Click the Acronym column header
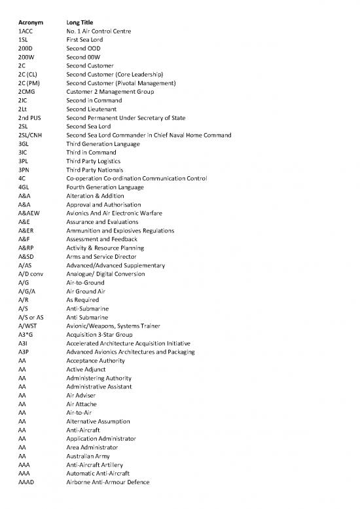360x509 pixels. click(x=31, y=22)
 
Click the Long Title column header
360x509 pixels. click(x=83, y=22)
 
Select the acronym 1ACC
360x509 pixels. click(x=27, y=31)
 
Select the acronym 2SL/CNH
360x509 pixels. click(x=32, y=135)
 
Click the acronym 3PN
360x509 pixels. click(x=25, y=170)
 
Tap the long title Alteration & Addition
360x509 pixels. click(x=95, y=196)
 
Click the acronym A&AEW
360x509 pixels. click(x=29, y=213)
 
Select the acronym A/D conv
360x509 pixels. click(x=31, y=274)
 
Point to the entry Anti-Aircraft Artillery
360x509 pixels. click(x=99, y=464)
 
